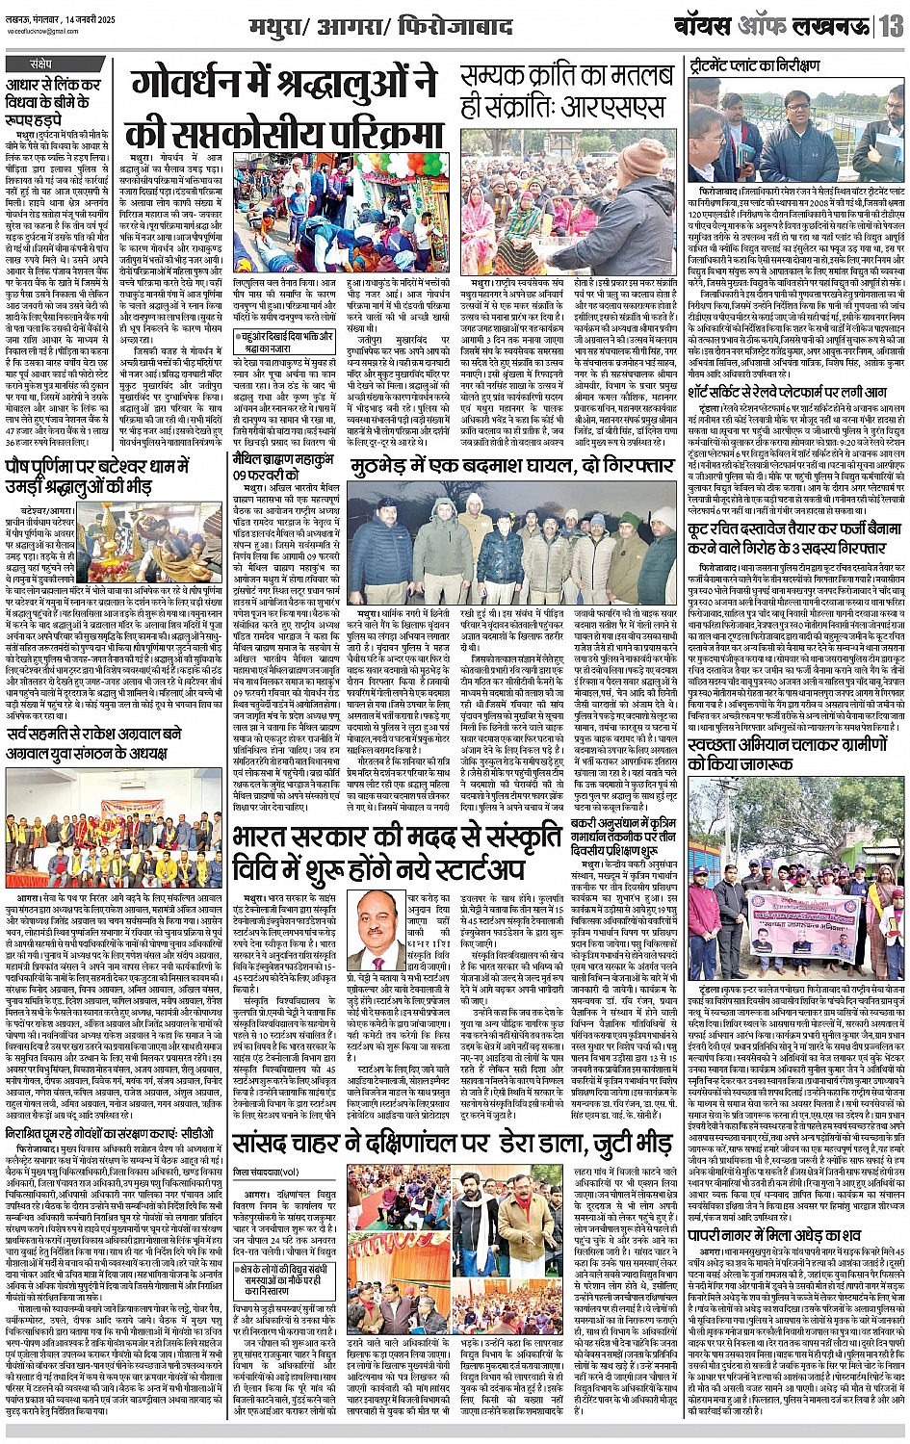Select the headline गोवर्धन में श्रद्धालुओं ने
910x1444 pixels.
pyautogui.click(x=286, y=88)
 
